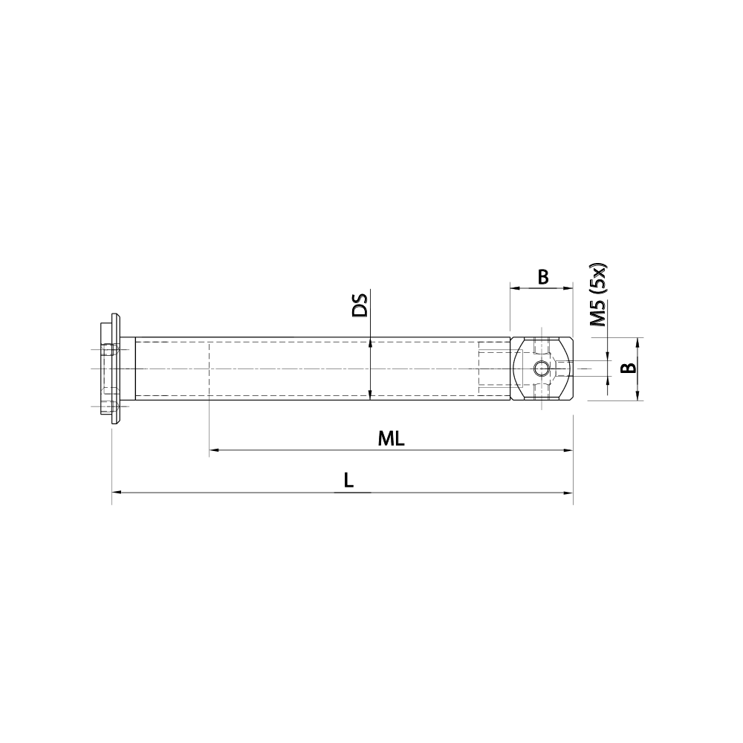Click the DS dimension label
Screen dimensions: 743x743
point(360,306)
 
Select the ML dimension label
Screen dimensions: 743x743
point(391,438)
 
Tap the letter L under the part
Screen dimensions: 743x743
point(348,481)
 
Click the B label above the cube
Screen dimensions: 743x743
point(542,277)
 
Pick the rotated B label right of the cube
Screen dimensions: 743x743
point(628,369)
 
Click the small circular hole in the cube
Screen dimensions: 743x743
point(542,369)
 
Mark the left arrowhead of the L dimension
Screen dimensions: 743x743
point(116,493)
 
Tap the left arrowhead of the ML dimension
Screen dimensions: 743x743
point(214,450)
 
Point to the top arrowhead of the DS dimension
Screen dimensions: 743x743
point(369,343)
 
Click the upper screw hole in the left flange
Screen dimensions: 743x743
point(109,350)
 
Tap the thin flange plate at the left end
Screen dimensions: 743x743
point(116,369)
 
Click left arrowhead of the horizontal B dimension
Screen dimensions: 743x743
point(514,288)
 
